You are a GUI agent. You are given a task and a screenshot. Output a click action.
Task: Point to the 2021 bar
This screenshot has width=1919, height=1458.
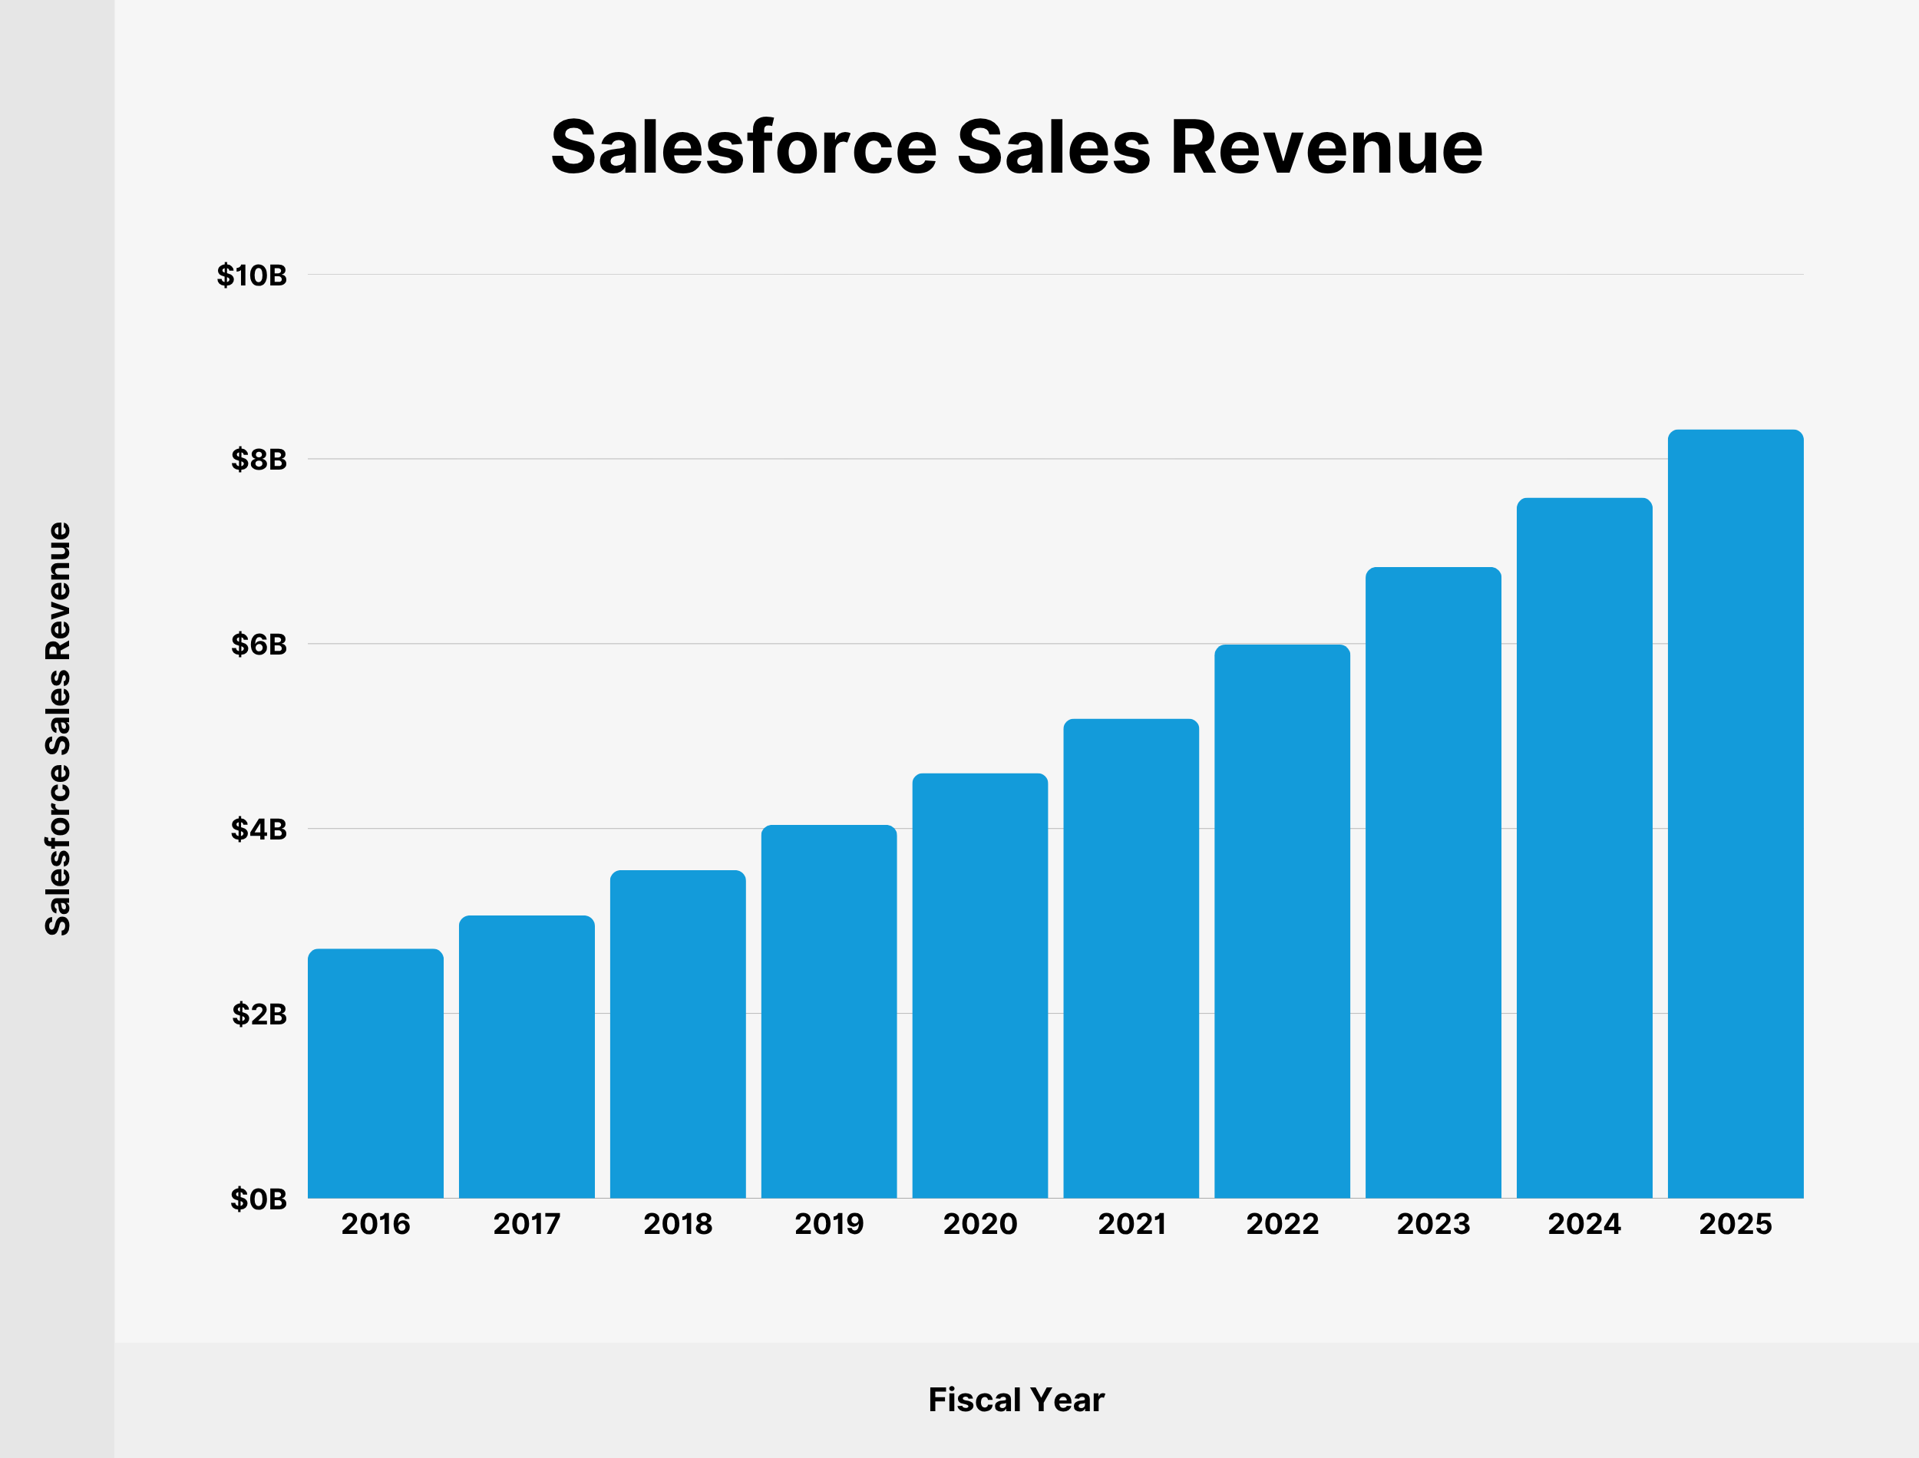tap(1131, 958)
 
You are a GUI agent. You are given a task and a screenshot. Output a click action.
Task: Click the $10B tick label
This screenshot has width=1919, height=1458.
tap(252, 276)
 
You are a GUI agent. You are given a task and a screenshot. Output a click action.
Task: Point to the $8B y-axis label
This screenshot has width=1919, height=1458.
tap(259, 460)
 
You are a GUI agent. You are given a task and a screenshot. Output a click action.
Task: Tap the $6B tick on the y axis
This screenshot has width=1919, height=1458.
tap(259, 645)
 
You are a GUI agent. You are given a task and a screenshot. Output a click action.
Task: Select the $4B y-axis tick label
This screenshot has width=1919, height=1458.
tap(259, 830)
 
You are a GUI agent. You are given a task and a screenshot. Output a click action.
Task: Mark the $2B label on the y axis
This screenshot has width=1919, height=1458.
tap(259, 1014)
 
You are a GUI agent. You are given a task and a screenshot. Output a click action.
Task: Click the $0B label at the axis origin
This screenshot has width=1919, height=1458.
tap(259, 1199)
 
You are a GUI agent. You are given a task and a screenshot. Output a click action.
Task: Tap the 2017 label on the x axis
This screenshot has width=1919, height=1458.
tap(527, 1225)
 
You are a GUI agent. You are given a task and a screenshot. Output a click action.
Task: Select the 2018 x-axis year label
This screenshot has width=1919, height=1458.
tap(678, 1225)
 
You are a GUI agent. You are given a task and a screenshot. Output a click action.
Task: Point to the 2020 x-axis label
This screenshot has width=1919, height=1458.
tap(980, 1225)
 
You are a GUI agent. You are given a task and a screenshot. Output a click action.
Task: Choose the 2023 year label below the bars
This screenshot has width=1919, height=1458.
tap(1433, 1225)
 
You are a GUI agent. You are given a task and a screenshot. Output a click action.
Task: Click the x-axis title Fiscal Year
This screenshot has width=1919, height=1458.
tap(1016, 1400)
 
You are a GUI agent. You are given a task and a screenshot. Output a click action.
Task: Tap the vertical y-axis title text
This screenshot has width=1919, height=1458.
tap(58, 729)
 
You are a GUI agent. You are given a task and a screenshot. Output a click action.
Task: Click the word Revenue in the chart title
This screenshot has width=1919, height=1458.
tap(1326, 147)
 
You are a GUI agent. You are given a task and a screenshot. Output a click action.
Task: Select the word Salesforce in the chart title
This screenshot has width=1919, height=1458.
tap(744, 147)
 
